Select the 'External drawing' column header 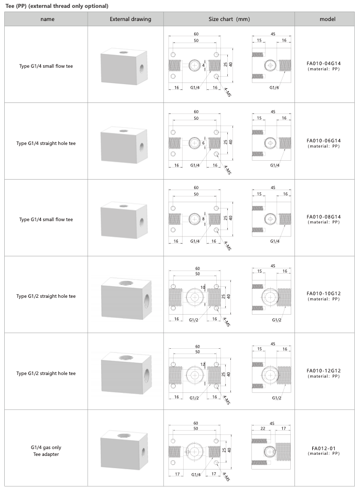(x=130, y=19)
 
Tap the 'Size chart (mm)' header (x=229, y=19)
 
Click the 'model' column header (x=327, y=19)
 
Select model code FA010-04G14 (x=324, y=64)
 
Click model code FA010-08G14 (x=324, y=216)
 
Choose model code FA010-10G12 (x=324, y=294)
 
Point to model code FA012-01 (x=323, y=448)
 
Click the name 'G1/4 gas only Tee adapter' (x=46, y=451)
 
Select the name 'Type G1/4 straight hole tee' (x=46, y=143)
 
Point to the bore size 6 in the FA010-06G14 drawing (x=204, y=142)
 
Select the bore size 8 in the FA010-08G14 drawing (x=204, y=219)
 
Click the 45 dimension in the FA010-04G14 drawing (x=273, y=34)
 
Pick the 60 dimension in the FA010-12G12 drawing (x=197, y=347)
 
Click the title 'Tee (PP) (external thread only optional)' (x=57, y=6)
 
